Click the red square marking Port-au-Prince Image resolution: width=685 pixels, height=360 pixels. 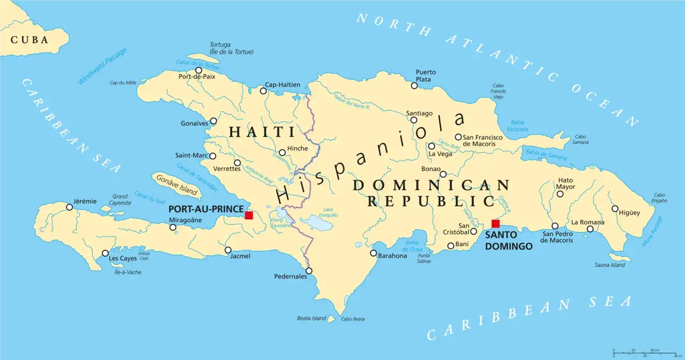[x=249, y=215]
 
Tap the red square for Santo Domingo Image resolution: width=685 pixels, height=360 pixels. [x=496, y=224]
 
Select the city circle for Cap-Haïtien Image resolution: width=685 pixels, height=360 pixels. [x=263, y=91]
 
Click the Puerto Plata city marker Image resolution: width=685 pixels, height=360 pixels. [x=414, y=86]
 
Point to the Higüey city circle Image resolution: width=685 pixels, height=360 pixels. [x=615, y=209]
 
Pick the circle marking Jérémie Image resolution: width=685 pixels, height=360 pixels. [x=69, y=207]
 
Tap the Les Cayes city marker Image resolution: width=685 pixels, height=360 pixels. [x=105, y=254]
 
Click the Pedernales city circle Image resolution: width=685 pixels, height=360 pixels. [x=309, y=271]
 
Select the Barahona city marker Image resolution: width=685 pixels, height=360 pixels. [x=374, y=253]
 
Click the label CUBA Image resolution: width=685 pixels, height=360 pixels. [x=29, y=40]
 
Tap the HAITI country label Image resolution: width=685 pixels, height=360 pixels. [x=262, y=132]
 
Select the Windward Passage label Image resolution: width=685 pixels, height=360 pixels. [x=102, y=66]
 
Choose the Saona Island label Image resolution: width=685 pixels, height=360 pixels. [x=610, y=265]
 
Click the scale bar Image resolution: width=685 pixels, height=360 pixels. [x=644, y=352]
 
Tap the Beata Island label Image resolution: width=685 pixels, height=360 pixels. [x=311, y=318]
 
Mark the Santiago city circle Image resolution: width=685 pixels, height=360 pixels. [x=414, y=120]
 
